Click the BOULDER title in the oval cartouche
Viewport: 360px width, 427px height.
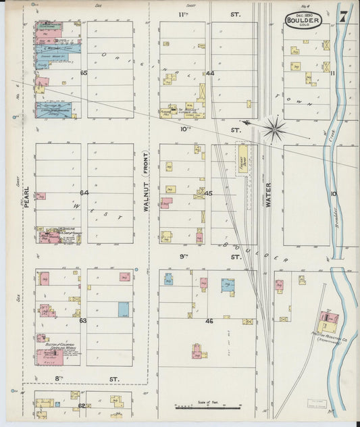(x=307, y=21)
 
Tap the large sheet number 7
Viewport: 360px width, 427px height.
(x=344, y=16)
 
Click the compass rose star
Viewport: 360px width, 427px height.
(x=274, y=126)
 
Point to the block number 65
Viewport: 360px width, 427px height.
(x=84, y=73)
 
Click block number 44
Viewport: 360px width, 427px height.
(x=210, y=73)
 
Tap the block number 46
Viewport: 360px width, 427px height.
(x=209, y=321)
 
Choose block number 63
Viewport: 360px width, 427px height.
(x=84, y=321)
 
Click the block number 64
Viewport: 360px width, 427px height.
(x=84, y=193)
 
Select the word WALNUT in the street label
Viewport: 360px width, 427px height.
(x=145, y=201)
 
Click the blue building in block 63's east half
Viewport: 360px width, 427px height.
(x=124, y=309)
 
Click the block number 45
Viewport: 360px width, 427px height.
(x=209, y=193)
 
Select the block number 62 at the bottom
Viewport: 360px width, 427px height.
(x=82, y=406)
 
